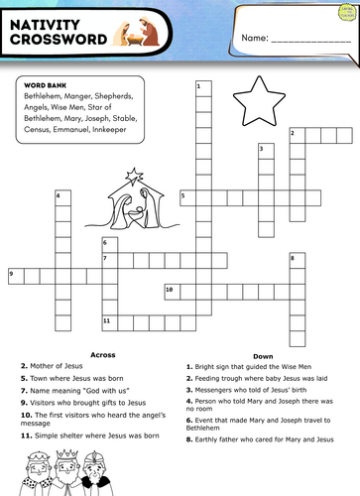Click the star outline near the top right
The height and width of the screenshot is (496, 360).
click(251, 100)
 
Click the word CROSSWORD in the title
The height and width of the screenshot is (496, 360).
click(57, 41)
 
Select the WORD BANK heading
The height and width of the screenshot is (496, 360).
click(42, 85)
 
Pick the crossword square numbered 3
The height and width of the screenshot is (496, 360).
click(264, 150)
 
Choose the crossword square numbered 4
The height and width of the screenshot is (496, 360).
click(61, 196)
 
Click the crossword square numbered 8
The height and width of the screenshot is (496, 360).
click(296, 259)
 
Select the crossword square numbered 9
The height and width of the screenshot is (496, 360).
click(15, 274)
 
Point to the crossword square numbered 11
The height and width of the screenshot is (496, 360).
click(107, 321)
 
